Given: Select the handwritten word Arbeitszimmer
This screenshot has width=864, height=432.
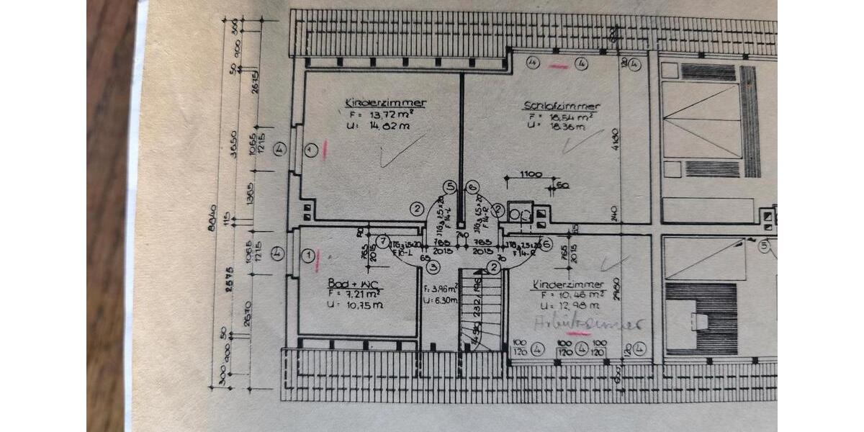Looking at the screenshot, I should [588, 325].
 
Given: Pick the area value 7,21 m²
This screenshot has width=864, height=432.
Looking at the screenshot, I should [360, 294].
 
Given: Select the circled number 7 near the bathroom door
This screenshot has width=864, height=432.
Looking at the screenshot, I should [383, 240].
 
